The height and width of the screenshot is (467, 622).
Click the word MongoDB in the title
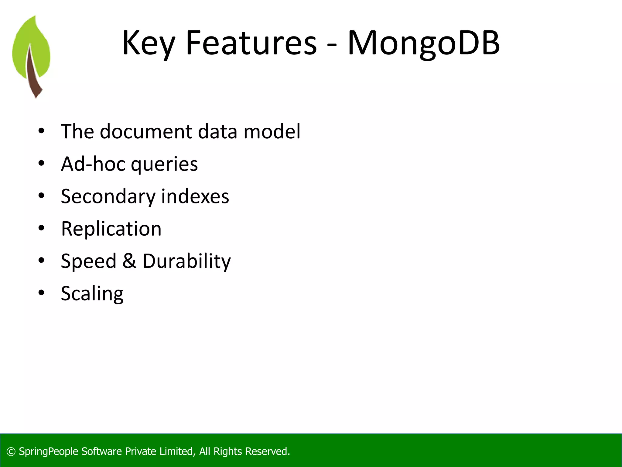click(x=423, y=43)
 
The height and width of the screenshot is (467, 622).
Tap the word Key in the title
click(x=149, y=43)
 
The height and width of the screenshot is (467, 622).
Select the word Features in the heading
click(x=251, y=43)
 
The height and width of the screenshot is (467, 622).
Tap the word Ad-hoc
click(x=93, y=164)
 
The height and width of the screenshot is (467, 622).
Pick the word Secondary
click(x=108, y=197)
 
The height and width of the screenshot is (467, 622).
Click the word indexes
click(x=195, y=196)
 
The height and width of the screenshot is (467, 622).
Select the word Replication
click(x=111, y=229)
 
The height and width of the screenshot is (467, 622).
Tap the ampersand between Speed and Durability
click(x=129, y=261)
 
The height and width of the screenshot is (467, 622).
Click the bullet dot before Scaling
click(x=42, y=293)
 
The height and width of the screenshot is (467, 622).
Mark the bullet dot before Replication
click(x=42, y=228)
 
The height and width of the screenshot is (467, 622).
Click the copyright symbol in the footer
click(x=11, y=452)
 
